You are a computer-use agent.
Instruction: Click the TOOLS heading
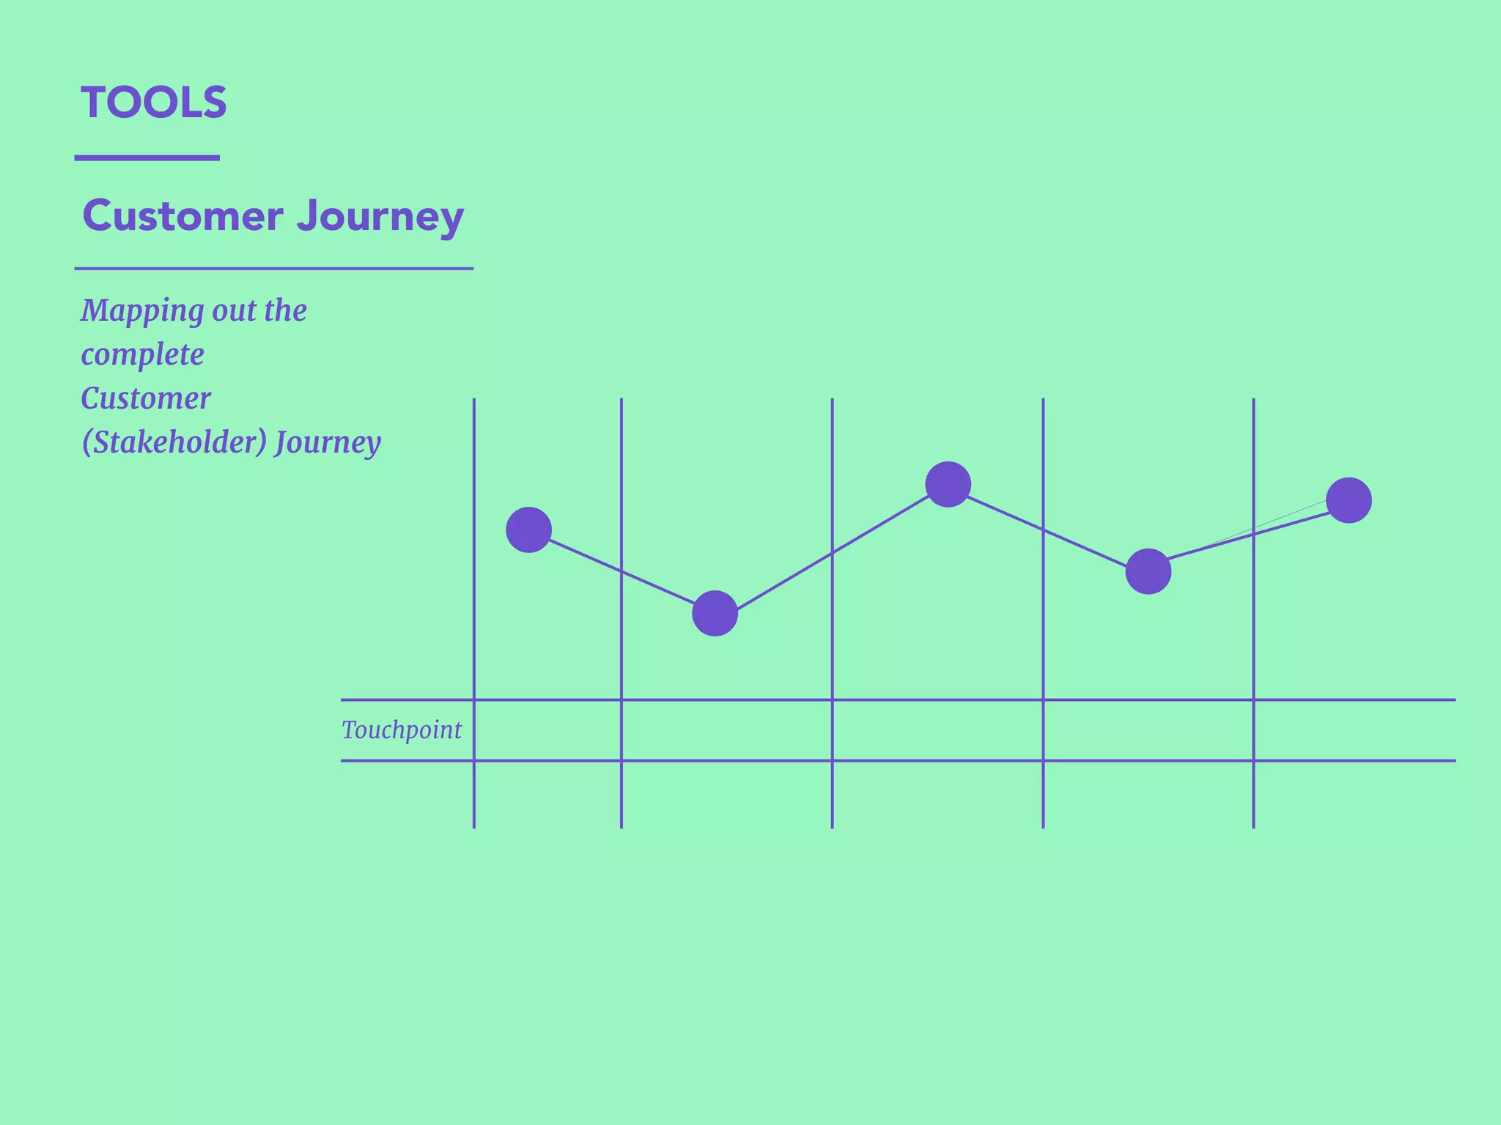[x=154, y=103]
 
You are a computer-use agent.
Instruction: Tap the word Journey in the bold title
[x=380, y=218]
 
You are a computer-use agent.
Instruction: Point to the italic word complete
[x=142, y=355]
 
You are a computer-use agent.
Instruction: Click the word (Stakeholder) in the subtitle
[x=174, y=442]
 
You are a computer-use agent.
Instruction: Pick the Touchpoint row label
[x=402, y=730]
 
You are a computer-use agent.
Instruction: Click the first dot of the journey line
[x=528, y=530]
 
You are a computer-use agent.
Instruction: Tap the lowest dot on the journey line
[x=715, y=613]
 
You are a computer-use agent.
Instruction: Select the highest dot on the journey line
[x=948, y=484]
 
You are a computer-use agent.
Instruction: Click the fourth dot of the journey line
[x=1148, y=571]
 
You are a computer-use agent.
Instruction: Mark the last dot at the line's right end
[x=1349, y=500]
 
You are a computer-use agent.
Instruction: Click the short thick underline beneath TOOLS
[x=147, y=157]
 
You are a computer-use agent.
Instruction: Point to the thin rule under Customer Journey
[x=273, y=269]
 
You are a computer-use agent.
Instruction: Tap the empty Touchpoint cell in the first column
[x=547, y=730]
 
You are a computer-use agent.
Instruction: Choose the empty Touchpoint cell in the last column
[x=1354, y=730]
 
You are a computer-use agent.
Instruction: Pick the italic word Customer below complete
[x=146, y=399]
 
